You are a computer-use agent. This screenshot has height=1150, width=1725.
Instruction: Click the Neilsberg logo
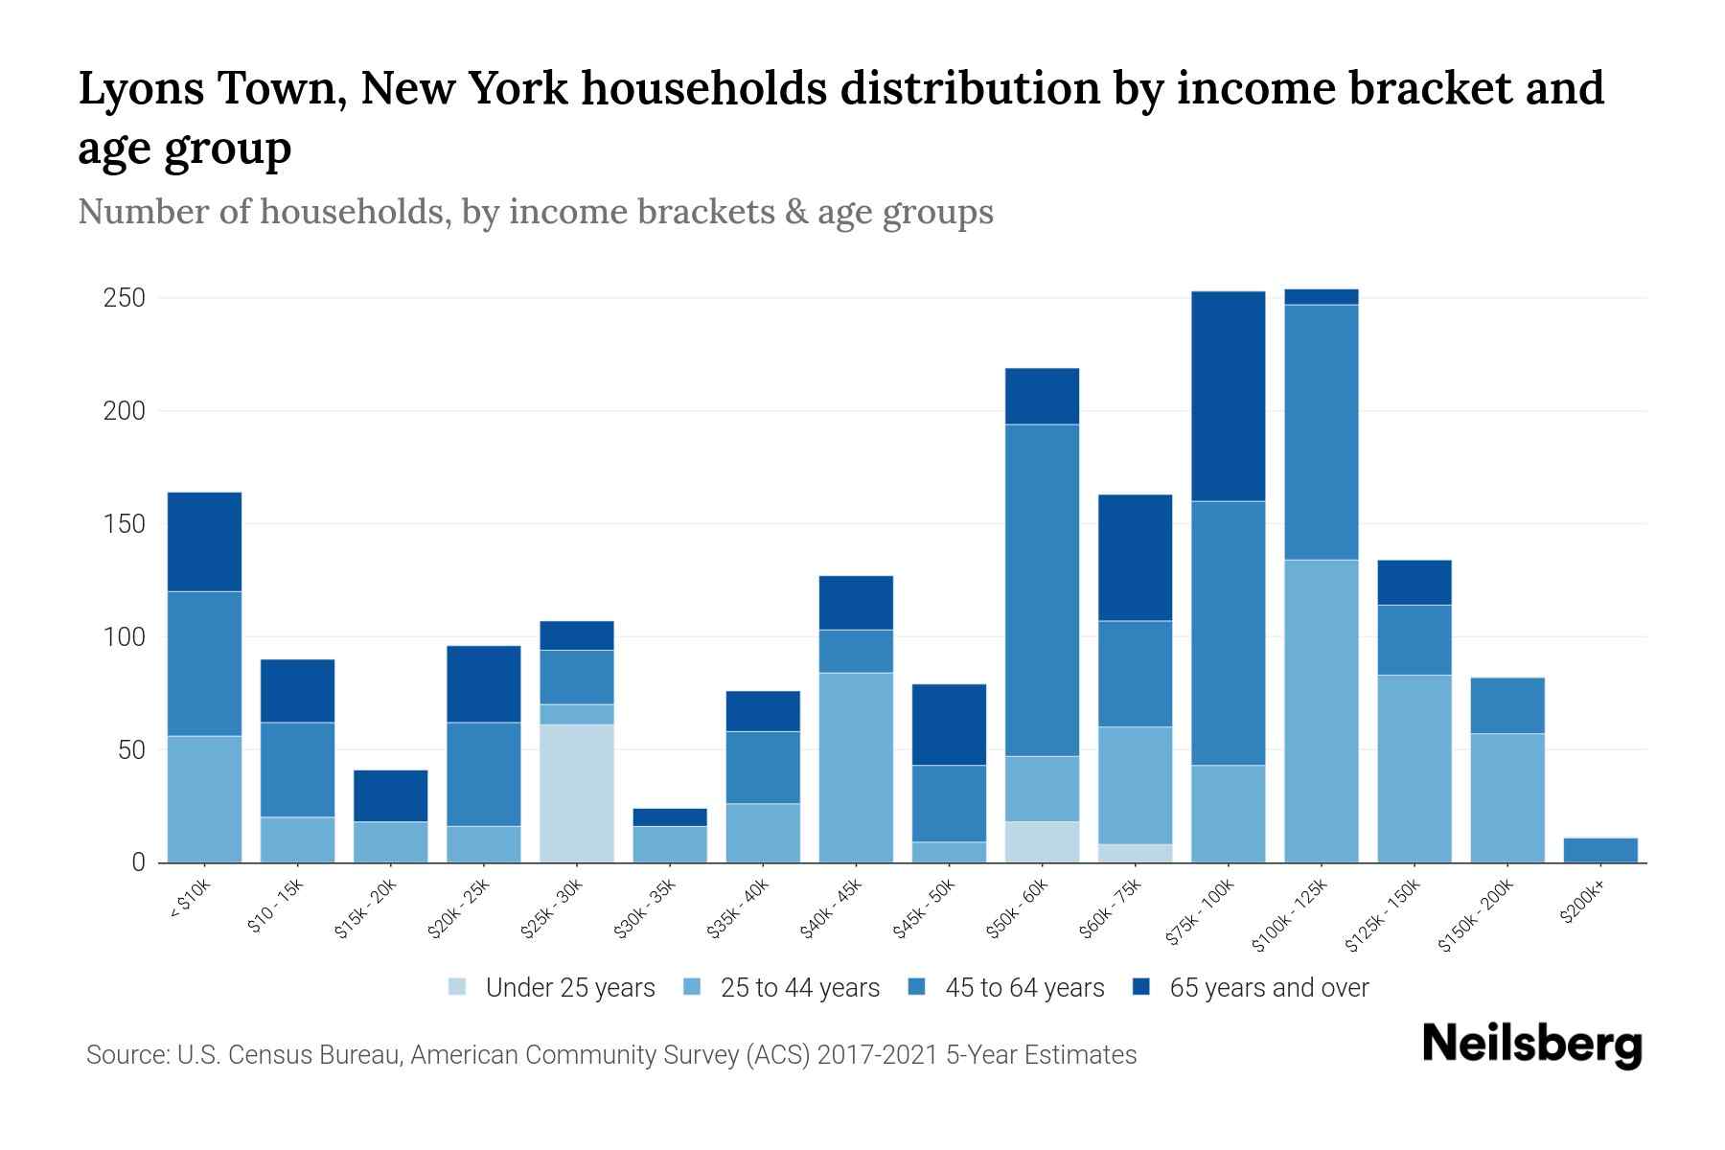coord(1531,1045)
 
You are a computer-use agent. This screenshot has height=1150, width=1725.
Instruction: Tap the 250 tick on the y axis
coord(125,298)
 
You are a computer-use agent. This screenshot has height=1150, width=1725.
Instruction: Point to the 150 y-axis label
coord(125,524)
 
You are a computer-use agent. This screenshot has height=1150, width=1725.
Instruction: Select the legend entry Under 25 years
coord(569,988)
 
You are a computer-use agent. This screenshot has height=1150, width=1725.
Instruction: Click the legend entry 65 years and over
coord(1268,988)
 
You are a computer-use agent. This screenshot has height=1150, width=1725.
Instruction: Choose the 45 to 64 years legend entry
coord(1023,988)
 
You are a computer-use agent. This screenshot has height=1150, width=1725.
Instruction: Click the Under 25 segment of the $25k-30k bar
coord(577,793)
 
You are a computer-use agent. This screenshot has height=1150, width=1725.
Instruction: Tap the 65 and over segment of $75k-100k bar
coord(1228,396)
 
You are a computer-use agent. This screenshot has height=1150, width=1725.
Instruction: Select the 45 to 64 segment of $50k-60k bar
coord(1042,589)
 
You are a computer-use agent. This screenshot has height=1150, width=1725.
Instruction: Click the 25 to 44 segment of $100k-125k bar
coord(1321,711)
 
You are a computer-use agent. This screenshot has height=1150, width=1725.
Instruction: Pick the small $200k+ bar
coord(1599,850)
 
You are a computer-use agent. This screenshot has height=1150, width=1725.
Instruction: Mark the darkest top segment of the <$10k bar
coord(204,541)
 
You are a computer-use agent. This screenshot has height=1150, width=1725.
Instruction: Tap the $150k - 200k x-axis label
coord(1476,915)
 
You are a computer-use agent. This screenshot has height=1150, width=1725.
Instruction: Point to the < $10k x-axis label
coord(189,901)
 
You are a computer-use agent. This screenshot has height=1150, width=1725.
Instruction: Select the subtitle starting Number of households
coord(535,212)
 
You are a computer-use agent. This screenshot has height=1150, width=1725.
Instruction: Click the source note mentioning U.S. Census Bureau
coord(610,1055)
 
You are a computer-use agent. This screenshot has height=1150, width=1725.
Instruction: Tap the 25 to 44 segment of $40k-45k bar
coord(856,767)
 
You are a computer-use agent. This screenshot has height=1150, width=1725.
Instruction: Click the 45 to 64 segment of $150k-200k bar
coord(1506,705)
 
